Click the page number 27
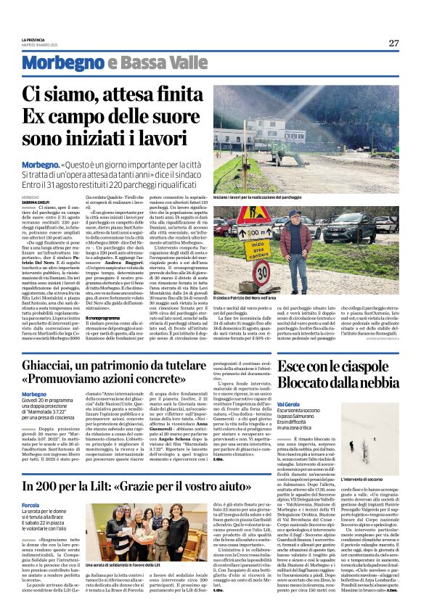coord(393,43)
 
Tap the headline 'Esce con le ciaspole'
coord(337,366)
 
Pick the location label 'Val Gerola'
coord(287,403)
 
